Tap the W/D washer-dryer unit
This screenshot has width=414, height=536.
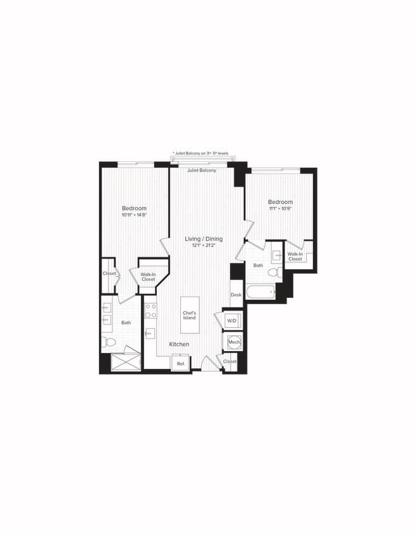232,321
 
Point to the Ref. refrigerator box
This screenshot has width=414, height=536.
181,363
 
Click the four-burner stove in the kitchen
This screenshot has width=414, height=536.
150,311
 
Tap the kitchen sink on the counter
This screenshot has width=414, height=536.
150,333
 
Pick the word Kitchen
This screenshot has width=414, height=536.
179,344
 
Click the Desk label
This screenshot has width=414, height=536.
236,295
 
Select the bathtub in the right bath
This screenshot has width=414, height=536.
260,292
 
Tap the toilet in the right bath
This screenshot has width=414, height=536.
273,272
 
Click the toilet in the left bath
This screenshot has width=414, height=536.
109,342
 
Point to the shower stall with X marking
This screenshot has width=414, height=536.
126,361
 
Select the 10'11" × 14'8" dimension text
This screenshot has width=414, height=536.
134,215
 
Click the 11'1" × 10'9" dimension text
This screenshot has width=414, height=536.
279,208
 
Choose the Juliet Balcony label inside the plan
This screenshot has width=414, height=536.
201,171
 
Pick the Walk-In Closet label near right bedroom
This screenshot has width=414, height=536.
295,257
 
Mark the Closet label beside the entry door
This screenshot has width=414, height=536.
229,361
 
